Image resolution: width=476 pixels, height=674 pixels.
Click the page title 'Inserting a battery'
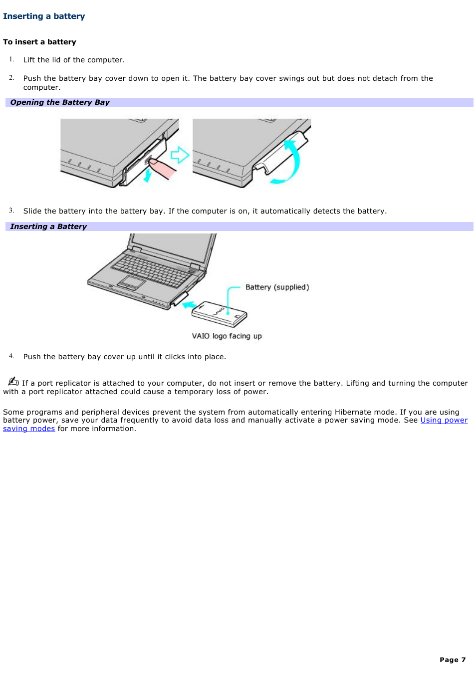pos(44,16)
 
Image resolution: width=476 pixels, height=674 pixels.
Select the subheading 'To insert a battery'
pos(39,42)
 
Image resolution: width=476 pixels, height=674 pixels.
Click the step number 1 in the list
pos(11,59)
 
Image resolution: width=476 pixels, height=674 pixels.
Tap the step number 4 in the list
pos(11,356)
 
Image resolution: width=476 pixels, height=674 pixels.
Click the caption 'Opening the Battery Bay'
pos(60,102)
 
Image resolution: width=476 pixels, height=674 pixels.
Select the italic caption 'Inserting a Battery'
pos(48,226)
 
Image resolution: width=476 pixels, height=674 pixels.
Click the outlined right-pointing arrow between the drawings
pos(180,155)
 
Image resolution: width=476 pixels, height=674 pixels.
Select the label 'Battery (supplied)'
pos(277,287)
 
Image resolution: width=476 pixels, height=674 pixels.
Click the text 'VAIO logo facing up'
pos(227,336)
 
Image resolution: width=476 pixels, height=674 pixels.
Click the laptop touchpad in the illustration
pos(132,282)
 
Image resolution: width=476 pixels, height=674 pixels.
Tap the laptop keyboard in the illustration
pos(152,269)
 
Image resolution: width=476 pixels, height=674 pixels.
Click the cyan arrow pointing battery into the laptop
pos(188,305)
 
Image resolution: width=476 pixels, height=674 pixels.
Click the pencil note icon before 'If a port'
pos(13,382)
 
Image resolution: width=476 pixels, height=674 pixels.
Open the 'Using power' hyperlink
pos(444,420)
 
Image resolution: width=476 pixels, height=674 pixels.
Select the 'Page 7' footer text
pos(452,660)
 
